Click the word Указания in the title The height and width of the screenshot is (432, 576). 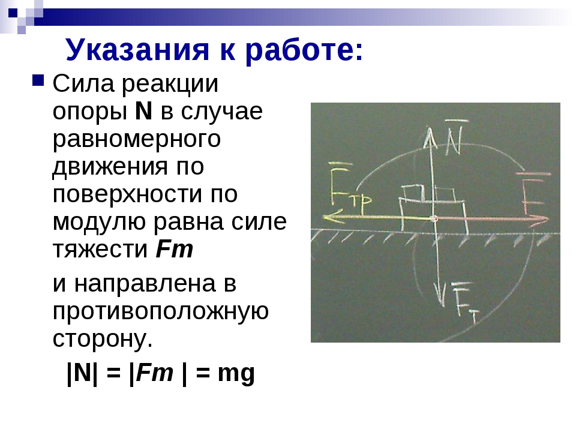(137, 50)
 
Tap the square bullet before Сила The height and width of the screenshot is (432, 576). (38, 80)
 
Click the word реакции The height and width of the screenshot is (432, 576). (170, 85)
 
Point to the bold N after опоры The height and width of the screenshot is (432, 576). (143, 111)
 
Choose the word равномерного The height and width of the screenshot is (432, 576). (137, 140)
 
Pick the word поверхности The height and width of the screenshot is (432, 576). (127, 194)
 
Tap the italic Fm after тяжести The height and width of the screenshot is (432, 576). (175, 249)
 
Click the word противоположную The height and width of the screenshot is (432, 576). (161, 312)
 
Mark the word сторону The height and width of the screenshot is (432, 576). (103, 339)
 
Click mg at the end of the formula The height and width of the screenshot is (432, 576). (236, 374)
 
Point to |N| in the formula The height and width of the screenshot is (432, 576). (83, 373)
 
